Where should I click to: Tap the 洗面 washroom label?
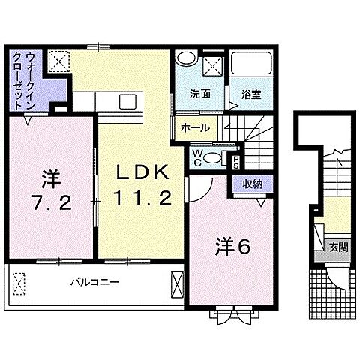199,95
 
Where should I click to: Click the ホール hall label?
195,128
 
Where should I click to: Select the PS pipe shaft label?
235,160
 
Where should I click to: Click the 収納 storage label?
253,184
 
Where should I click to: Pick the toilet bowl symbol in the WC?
214,157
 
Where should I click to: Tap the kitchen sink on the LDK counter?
127,102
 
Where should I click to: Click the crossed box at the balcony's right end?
176,284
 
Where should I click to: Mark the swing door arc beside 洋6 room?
192,188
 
